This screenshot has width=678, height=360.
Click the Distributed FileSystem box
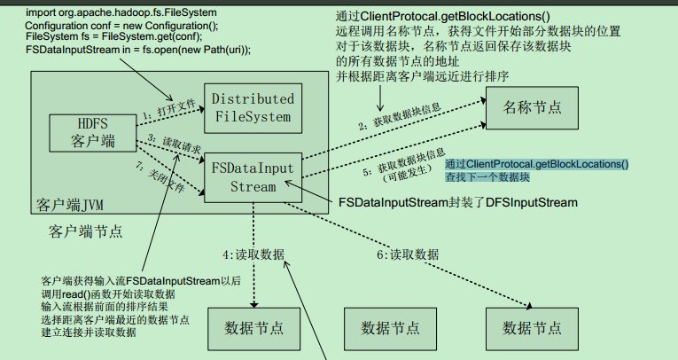(253, 107)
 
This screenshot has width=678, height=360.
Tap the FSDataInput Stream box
(253, 177)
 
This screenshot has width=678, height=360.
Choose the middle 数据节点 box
(391, 327)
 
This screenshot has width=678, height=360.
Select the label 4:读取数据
(254, 254)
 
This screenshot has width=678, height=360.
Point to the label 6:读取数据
(408, 254)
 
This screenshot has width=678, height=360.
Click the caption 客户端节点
(86, 232)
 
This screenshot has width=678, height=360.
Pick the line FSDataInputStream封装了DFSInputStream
(457, 202)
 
